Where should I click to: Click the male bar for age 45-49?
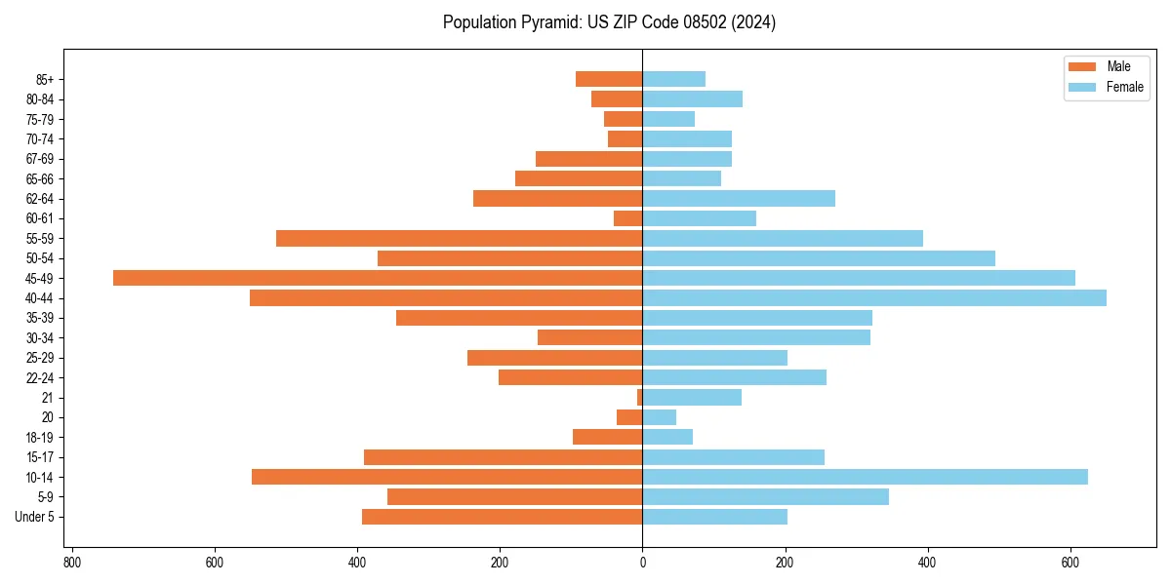click(378, 278)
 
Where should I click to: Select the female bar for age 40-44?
click(874, 297)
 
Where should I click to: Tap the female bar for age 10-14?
click(865, 477)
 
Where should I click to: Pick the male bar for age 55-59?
click(459, 238)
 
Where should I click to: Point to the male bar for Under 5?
click(502, 517)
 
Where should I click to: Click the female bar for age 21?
click(692, 397)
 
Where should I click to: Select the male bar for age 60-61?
click(627, 218)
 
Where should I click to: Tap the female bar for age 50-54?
click(819, 258)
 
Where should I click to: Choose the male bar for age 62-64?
click(557, 198)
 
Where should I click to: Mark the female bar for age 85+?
click(673, 79)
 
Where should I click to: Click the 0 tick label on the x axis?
click(642, 563)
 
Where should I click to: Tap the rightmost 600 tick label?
click(1070, 563)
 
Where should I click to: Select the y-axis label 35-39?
click(40, 318)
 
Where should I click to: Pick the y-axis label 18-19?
click(40, 437)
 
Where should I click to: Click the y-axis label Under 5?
click(34, 517)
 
